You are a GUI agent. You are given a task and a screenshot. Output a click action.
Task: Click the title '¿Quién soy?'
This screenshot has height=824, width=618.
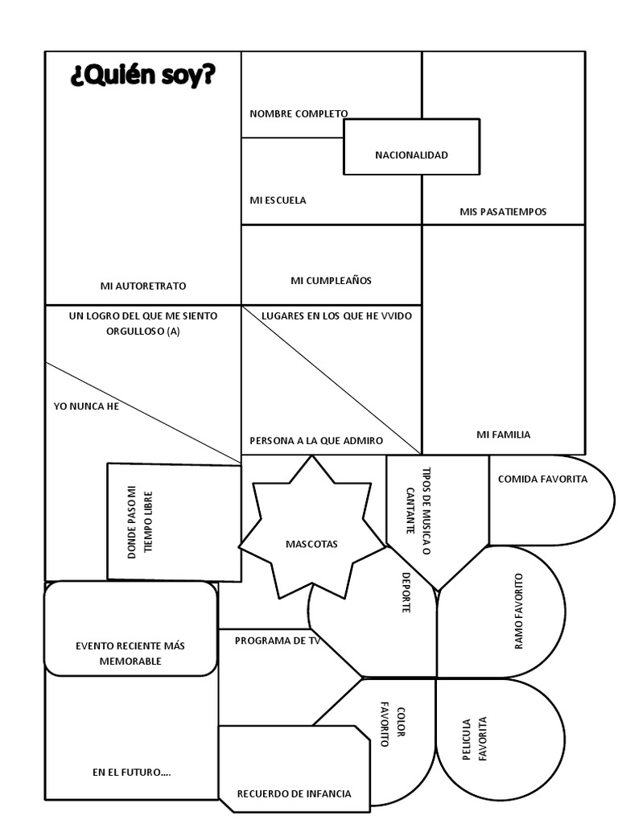click(143, 77)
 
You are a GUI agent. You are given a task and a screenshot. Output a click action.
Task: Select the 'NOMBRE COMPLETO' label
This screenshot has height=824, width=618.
click(299, 113)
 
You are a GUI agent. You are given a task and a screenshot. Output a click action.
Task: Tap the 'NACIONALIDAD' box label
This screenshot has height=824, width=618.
click(411, 154)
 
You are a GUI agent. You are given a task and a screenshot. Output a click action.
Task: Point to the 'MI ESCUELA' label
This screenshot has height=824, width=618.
click(278, 200)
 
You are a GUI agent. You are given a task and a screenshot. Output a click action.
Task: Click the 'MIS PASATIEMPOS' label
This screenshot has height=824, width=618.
click(503, 212)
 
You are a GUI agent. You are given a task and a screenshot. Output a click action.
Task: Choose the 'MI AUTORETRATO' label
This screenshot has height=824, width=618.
click(143, 286)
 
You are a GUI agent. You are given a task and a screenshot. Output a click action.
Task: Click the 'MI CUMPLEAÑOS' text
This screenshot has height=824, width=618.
click(331, 281)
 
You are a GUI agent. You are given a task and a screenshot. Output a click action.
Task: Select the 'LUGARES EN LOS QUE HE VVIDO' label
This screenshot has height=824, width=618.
click(336, 316)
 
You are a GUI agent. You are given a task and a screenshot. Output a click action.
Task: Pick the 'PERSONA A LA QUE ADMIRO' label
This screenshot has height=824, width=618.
click(316, 441)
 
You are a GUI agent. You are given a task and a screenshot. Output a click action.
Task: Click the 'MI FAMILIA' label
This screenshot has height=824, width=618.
click(503, 435)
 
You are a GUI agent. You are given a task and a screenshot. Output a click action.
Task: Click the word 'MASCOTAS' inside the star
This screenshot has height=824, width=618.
click(311, 544)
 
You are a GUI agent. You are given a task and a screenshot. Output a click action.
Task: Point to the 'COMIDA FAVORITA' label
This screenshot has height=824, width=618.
click(542, 479)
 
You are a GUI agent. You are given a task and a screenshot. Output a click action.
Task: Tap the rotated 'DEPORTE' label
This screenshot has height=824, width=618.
click(406, 593)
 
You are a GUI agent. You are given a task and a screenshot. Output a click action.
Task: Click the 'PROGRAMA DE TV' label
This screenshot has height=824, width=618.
click(278, 641)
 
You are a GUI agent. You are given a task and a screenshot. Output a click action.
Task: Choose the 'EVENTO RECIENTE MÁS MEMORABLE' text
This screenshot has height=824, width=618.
click(130, 653)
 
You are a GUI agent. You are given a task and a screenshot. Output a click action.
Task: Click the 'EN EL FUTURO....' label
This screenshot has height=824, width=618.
click(131, 772)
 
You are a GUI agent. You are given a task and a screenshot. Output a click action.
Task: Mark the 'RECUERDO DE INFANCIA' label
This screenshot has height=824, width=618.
click(294, 793)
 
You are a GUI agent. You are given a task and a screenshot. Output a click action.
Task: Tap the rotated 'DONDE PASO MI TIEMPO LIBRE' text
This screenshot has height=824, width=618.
click(140, 522)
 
